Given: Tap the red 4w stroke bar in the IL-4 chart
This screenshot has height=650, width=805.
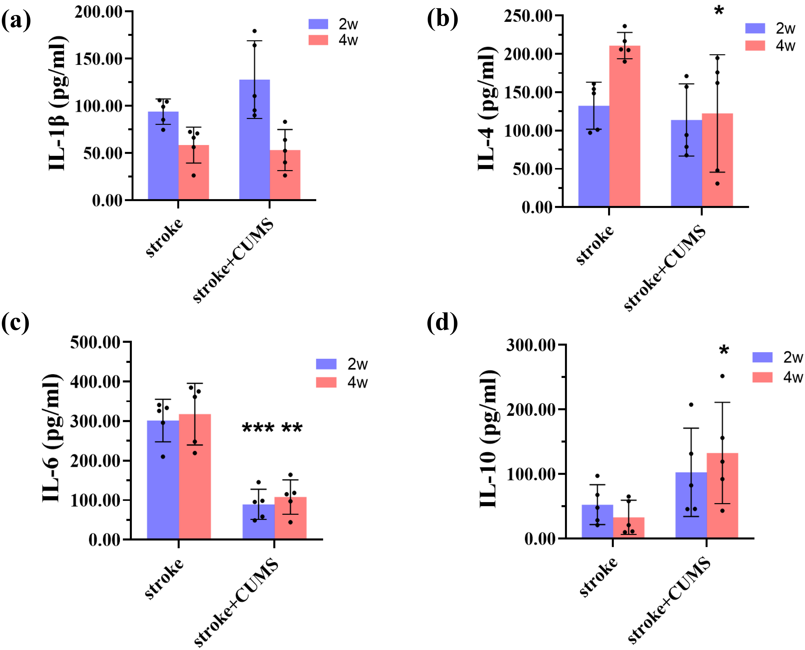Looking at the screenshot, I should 625,131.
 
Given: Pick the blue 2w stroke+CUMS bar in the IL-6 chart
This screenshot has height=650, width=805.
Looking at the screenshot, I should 258,524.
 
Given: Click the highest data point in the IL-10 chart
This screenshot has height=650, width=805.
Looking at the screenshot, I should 723,376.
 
